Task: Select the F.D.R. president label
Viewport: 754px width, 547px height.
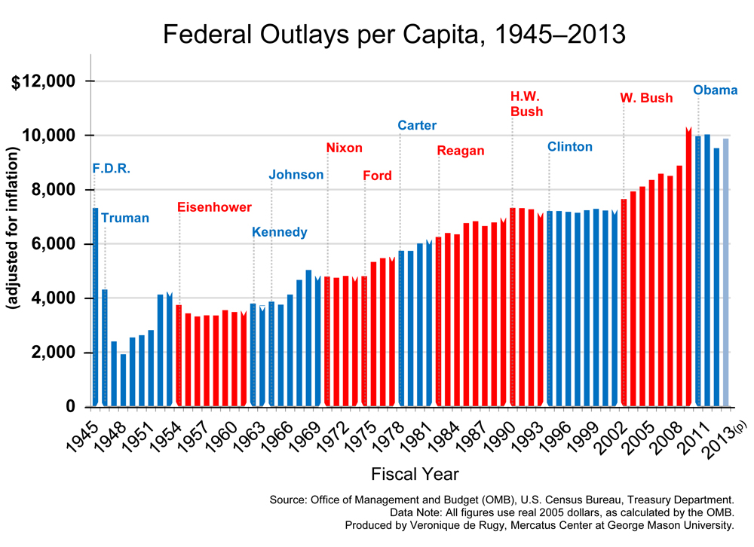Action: [111, 168]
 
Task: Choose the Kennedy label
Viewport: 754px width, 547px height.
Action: [279, 232]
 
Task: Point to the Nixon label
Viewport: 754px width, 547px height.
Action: [344, 148]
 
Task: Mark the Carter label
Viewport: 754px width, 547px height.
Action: [417, 125]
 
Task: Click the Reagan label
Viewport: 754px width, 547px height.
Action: [461, 151]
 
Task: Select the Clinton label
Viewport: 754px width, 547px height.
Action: [569, 146]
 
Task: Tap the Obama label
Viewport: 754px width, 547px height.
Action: [715, 90]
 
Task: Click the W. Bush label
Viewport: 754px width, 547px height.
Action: [646, 98]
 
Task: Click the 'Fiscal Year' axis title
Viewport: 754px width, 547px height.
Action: [415, 474]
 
